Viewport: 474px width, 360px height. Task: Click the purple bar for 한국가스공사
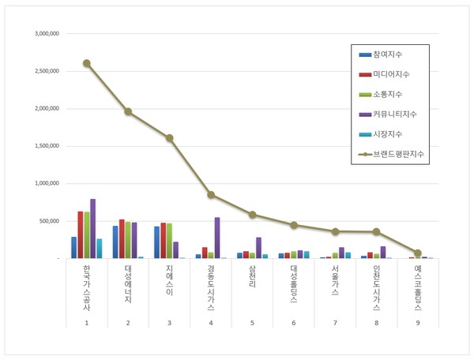pyautogui.click(x=93, y=229)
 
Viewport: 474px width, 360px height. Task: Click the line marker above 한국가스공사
pyautogui.click(x=86, y=63)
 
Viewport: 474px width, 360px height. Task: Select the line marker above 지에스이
pyautogui.click(x=169, y=138)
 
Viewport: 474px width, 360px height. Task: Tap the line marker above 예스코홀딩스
pyautogui.click(x=418, y=253)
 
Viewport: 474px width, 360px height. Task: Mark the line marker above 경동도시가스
pyautogui.click(x=211, y=194)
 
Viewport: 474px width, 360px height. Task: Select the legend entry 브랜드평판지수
pyautogui.click(x=399, y=154)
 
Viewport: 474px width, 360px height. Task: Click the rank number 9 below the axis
pyautogui.click(x=418, y=323)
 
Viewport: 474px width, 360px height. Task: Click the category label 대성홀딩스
pyautogui.click(x=293, y=284)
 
